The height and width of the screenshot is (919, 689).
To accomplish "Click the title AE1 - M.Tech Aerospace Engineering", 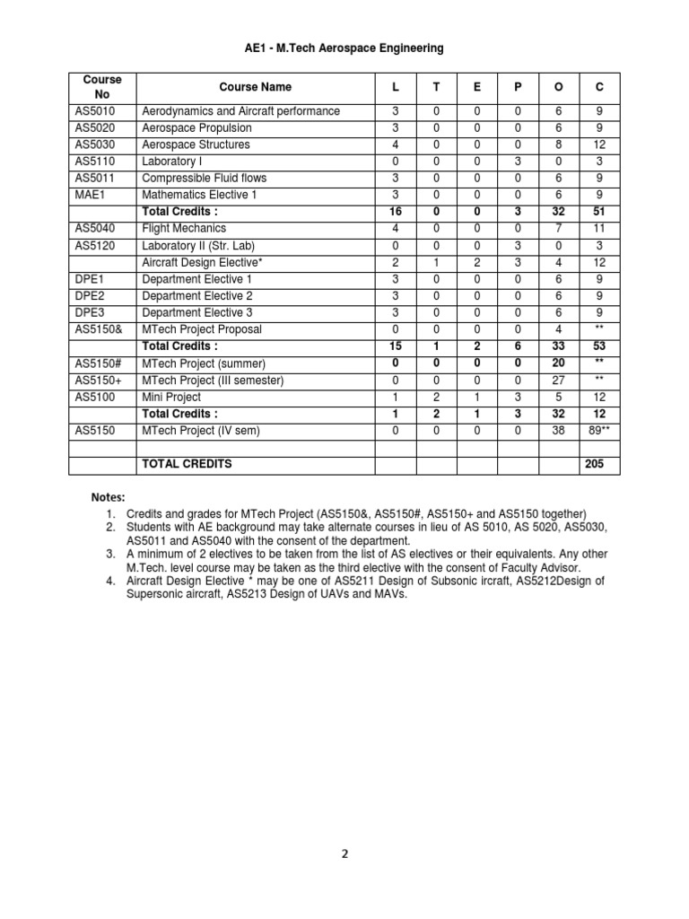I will pyautogui.click(x=344, y=48).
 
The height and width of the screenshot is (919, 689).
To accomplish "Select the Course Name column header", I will pyautogui.click(x=255, y=87).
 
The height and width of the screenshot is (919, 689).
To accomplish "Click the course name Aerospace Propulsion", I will pyautogui.click(x=197, y=127).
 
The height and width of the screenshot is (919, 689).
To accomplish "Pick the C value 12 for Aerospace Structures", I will pyautogui.click(x=599, y=144).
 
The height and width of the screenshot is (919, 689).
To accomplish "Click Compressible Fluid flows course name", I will pyautogui.click(x=205, y=178).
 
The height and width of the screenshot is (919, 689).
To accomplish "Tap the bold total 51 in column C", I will pyautogui.click(x=599, y=212).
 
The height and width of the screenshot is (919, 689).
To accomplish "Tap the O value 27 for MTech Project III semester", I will pyautogui.click(x=558, y=380).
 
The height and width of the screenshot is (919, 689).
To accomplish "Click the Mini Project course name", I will pyautogui.click(x=171, y=397).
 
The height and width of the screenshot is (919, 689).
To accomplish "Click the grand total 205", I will pyautogui.click(x=594, y=464).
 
